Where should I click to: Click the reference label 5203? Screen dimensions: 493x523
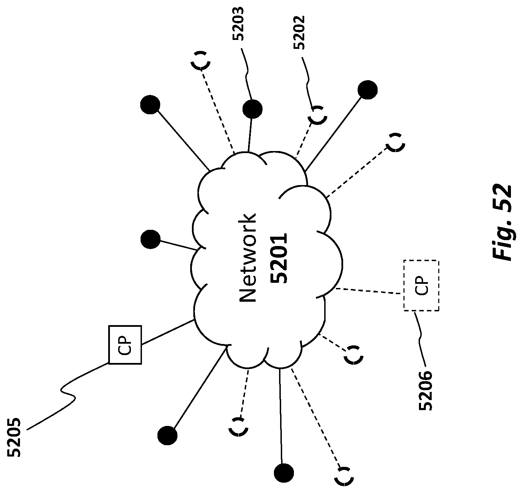[x=238, y=23]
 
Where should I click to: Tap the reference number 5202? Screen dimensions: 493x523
[x=299, y=32]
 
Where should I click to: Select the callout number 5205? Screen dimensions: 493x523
[x=14, y=437]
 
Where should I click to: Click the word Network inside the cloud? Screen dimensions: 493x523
[x=248, y=258]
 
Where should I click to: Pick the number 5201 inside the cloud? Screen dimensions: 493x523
[x=278, y=258]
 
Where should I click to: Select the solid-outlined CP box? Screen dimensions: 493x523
[x=125, y=344]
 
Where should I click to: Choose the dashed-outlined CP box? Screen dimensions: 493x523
[x=421, y=286]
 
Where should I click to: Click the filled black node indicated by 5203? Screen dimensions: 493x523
[x=252, y=109]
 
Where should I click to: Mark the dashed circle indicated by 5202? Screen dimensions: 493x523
[x=317, y=115]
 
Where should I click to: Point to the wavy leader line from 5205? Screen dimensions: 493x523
[x=67, y=395]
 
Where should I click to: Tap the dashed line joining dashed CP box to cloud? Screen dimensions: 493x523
[x=369, y=291]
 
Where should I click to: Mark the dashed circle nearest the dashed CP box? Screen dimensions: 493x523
[x=353, y=355]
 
